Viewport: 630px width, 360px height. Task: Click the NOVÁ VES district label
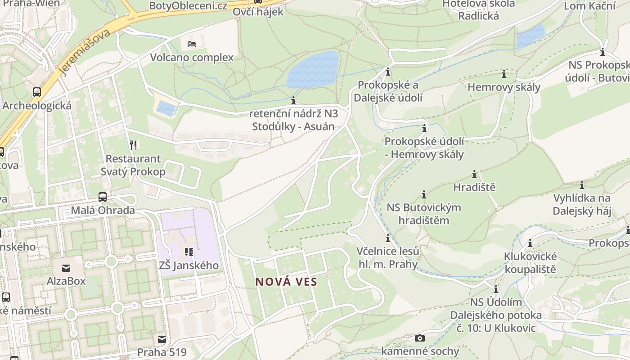[286, 282]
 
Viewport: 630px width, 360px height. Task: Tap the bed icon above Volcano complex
[192, 44]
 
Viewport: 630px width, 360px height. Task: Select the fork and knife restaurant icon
[133, 145]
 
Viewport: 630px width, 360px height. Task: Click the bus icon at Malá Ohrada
[103, 197]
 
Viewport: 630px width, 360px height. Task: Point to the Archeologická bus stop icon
[37, 92]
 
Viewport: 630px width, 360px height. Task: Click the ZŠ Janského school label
[189, 265]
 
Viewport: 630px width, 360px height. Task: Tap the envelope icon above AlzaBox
[66, 268]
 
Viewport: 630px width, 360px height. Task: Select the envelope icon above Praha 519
[162, 339]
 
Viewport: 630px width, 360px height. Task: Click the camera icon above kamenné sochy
[420, 338]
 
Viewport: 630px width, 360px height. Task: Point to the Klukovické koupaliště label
[530, 263]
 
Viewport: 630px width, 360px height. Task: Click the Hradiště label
[474, 187]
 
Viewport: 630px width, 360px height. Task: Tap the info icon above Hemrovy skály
[504, 74]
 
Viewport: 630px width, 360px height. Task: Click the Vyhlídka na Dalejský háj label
[582, 205]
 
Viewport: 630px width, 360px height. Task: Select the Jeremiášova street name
[85, 52]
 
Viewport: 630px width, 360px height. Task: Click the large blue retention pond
[313, 70]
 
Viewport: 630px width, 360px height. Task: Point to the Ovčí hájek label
[258, 12]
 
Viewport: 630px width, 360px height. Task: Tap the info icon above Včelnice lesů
[387, 238]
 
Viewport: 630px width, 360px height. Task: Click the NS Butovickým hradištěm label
[424, 214]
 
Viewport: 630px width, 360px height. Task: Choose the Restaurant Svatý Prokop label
[133, 165]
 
